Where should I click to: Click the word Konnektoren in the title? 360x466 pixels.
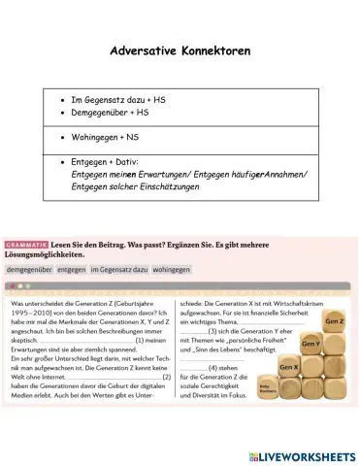click(224, 50)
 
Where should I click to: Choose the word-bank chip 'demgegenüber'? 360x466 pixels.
click(29, 269)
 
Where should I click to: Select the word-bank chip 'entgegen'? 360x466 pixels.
click(71, 269)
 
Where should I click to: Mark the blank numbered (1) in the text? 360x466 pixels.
click(103, 341)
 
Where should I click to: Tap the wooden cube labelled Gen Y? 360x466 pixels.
click(311, 345)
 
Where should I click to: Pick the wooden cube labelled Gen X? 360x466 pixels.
click(289, 369)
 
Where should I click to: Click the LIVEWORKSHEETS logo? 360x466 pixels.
click(302, 455)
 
